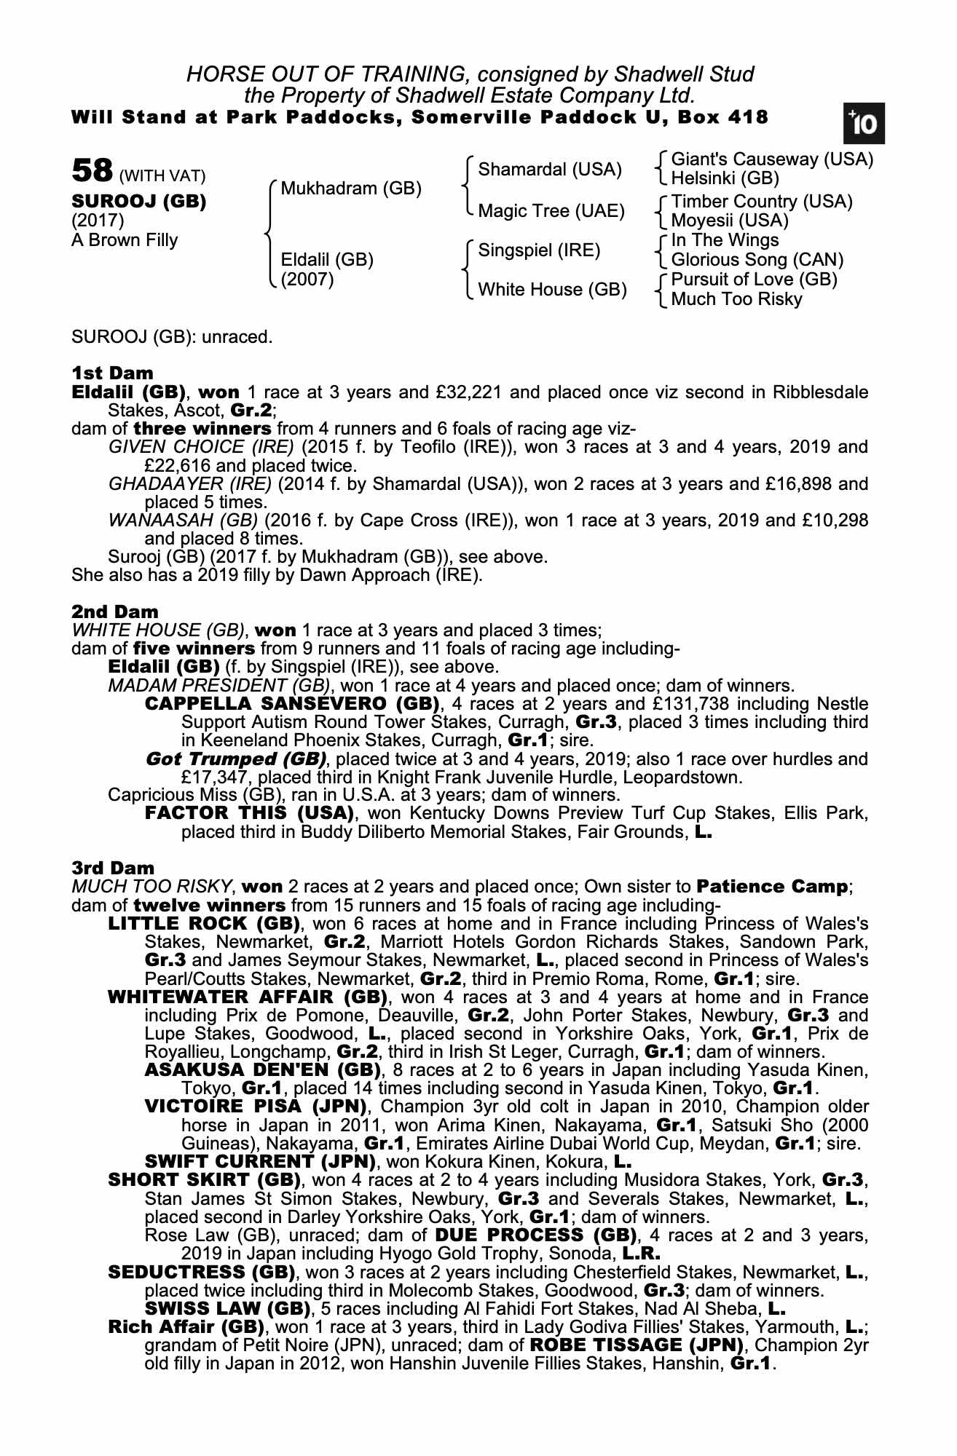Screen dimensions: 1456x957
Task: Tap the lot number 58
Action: point(92,171)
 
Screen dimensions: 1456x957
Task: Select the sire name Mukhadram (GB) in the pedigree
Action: point(351,189)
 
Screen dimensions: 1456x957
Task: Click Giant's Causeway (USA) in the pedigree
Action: point(771,159)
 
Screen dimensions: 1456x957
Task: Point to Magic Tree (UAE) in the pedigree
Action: point(551,211)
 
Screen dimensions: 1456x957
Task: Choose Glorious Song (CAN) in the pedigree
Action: point(757,260)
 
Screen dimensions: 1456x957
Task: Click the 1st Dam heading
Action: point(112,373)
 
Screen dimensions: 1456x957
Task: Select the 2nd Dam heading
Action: point(114,612)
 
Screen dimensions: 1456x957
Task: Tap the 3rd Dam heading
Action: point(113,868)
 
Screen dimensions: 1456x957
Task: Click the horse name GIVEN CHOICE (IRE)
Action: point(201,447)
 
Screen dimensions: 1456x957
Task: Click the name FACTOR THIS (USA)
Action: point(250,812)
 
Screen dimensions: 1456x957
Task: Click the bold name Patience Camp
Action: point(772,887)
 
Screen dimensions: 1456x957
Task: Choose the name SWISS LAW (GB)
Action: point(226,1307)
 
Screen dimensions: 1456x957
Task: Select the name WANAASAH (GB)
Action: point(183,521)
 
